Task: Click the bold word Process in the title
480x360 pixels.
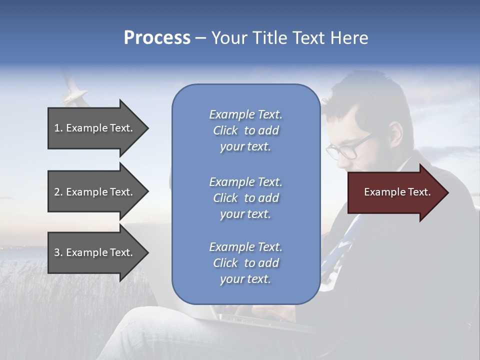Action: click(157, 37)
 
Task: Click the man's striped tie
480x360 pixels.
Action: click(345, 245)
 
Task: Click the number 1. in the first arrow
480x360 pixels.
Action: click(58, 128)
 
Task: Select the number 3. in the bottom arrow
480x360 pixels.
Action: click(58, 252)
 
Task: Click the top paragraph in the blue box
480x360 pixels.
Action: click(245, 130)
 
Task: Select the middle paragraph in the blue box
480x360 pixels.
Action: click(245, 197)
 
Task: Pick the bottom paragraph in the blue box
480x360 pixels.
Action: click(245, 263)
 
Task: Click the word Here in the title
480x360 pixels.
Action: click(349, 37)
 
